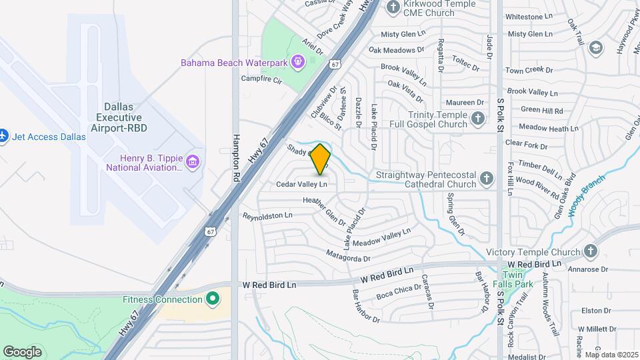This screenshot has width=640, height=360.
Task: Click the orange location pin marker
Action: click(x=321, y=159)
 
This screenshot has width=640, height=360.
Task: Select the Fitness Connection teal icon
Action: click(x=213, y=298)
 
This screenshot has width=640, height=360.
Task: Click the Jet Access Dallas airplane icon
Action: click(x=4, y=136)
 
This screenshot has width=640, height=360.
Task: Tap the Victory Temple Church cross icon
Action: click(x=589, y=251)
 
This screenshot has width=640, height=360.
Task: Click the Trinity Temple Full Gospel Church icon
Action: click(x=477, y=119)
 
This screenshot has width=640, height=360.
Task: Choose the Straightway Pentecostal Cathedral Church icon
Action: click(x=487, y=178)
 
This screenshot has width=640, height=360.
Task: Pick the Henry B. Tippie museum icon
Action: click(x=193, y=162)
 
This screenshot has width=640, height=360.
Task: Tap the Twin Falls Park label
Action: click(x=517, y=279)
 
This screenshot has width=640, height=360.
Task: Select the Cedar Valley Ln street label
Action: click(x=302, y=183)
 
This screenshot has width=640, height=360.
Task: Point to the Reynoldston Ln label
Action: click(x=268, y=216)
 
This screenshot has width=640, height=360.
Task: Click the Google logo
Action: click(x=22, y=351)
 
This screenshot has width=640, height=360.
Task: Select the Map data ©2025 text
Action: click(x=611, y=355)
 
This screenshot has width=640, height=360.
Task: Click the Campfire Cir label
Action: click(x=261, y=79)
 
